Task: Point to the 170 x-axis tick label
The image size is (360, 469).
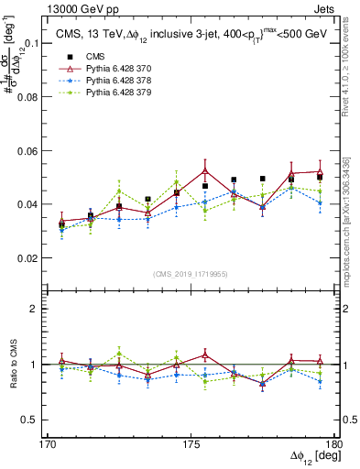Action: point(48,444)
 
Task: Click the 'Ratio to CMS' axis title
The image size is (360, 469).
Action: point(12,364)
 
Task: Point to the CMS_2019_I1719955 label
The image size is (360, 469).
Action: point(190,273)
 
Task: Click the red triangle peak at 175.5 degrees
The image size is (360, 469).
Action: point(205,170)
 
